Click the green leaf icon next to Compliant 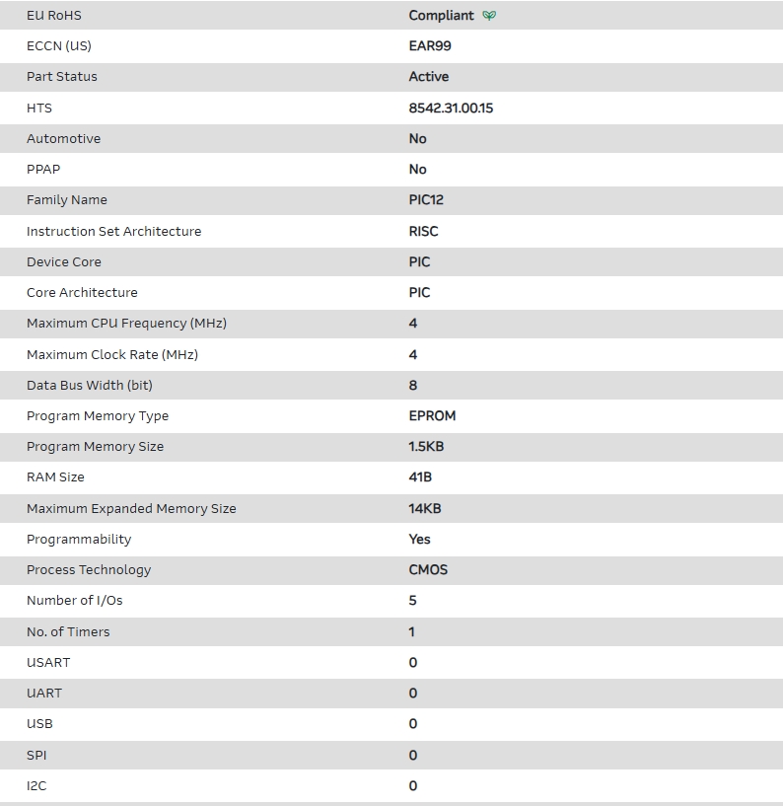click(490, 16)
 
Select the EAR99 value click(430, 45)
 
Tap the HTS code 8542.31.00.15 click(451, 108)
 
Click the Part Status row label click(62, 76)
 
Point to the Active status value click(429, 76)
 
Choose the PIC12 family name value click(426, 199)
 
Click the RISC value click(424, 231)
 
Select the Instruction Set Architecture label click(113, 231)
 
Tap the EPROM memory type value click(432, 415)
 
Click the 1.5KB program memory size click(426, 446)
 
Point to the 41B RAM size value click(420, 476)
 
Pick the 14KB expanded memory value click(425, 508)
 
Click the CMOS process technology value click(428, 569)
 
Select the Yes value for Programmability click(420, 539)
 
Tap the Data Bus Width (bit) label click(90, 385)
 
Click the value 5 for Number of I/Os click(413, 600)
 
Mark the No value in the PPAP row click(418, 169)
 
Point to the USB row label click(39, 723)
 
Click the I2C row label click(36, 785)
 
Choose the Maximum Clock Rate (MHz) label click(112, 354)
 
